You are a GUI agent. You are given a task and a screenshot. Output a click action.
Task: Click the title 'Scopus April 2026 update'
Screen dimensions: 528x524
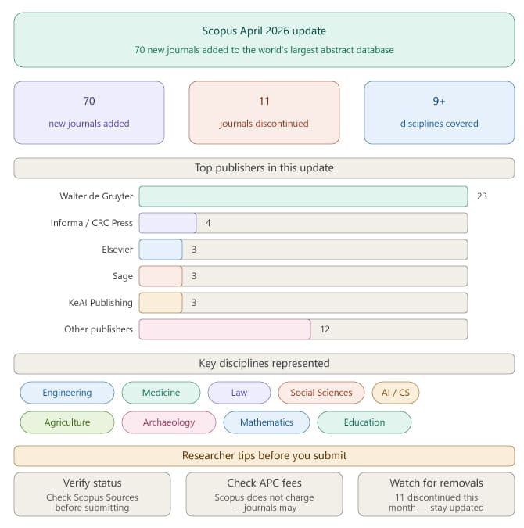point(264,31)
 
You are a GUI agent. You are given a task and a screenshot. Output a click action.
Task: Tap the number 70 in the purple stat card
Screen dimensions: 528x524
point(89,101)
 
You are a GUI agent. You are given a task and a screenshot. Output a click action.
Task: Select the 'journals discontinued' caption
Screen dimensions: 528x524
point(264,124)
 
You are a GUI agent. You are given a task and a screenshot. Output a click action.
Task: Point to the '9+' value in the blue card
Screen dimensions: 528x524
point(440,101)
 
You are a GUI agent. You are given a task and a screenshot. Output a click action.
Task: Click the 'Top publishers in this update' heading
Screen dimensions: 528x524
point(264,168)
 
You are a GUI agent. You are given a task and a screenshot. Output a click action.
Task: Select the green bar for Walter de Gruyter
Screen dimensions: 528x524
point(303,196)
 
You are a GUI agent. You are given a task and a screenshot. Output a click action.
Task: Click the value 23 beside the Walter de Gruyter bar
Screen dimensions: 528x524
point(482,196)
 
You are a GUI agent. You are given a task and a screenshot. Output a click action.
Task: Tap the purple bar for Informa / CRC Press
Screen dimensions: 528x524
point(167,223)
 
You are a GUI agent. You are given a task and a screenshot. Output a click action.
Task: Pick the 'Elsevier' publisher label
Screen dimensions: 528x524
point(117,250)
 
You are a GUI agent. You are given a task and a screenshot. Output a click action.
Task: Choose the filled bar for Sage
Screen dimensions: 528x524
point(160,276)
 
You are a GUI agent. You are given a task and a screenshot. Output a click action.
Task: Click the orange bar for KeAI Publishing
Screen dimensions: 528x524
point(160,303)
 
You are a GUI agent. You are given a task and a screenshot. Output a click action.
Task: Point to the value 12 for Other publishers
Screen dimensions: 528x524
point(325,329)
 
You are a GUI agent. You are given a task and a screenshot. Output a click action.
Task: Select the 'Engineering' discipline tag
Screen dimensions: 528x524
point(67,393)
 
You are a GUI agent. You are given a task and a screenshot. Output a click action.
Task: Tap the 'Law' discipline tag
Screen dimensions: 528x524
point(239,393)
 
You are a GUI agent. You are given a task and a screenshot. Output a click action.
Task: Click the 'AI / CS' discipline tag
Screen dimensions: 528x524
point(395,393)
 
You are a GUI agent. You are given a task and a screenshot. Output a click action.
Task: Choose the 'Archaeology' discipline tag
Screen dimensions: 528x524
point(169,422)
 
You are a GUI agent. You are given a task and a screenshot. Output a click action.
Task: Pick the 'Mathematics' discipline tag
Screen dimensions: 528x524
point(267,422)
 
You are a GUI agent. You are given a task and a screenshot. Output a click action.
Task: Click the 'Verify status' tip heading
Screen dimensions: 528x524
point(92,483)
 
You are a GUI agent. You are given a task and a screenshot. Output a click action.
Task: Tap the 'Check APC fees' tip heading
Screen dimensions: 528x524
point(264,483)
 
